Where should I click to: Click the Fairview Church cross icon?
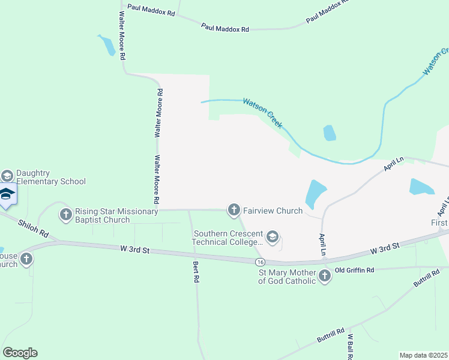(x=234, y=210)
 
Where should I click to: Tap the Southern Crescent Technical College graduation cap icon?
(x=273, y=237)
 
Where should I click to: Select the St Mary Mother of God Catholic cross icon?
(x=325, y=276)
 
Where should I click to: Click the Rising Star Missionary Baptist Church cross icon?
(x=65, y=214)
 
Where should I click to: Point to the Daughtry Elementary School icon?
(x=7, y=176)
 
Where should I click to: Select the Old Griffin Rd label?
(x=354, y=271)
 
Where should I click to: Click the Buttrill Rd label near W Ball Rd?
(x=331, y=335)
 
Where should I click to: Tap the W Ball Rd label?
(x=349, y=346)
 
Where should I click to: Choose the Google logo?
(x=20, y=353)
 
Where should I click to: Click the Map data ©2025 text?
(x=423, y=355)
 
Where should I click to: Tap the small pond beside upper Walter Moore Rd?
(x=107, y=46)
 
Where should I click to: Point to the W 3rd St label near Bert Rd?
(x=134, y=249)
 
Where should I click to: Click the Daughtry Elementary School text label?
(x=51, y=177)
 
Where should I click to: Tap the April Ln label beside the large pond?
(x=322, y=245)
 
